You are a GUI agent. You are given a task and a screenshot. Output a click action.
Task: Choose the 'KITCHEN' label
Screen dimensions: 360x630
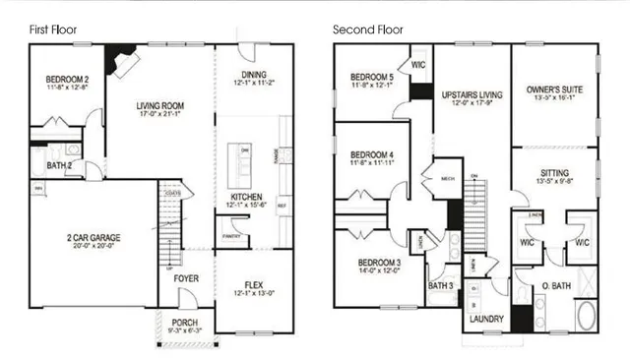(x=246, y=197)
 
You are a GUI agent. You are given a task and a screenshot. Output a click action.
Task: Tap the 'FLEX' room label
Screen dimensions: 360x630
(x=254, y=285)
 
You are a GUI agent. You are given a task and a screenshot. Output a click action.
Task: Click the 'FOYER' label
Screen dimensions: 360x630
(x=186, y=278)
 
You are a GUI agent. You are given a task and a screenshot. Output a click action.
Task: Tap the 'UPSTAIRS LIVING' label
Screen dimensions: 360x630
(x=472, y=95)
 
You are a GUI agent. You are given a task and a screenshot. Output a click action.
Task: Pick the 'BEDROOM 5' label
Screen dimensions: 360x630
(x=371, y=77)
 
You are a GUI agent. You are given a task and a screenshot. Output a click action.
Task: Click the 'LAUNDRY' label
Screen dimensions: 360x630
(x=487, y=319)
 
